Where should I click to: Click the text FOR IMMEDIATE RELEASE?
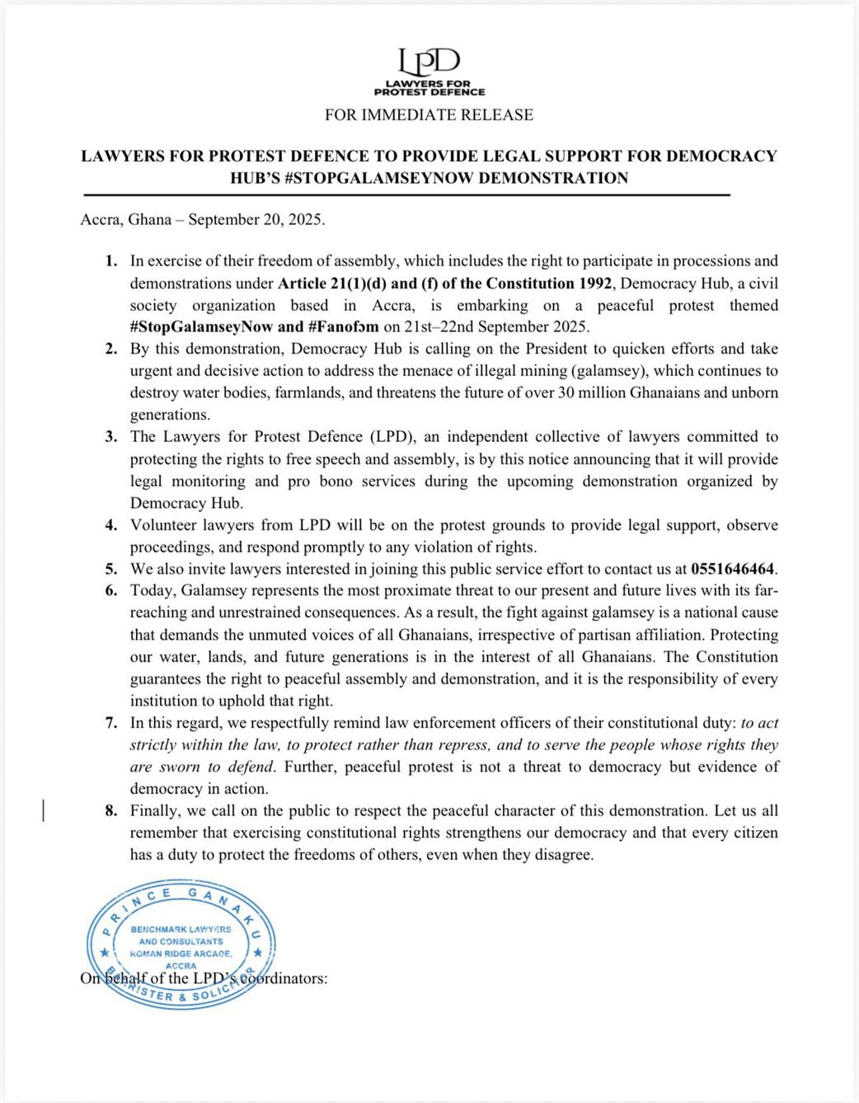pyautogui.click(x=429, y=115)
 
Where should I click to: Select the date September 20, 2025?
pyautogui.click(x=256, y=220)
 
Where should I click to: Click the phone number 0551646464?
pyautogui.click(x=733, y=569)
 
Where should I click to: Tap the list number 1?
pyautogui.click(x=110, y=261)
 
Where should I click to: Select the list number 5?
pyautogui.click(x=110, y=569)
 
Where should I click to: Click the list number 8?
pyautogui.click(x=110, y=810)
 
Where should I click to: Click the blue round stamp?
pyautogui.click(x=181, y=946)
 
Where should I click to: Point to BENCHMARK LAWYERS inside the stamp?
pyautogui.click(x=181, y=929)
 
